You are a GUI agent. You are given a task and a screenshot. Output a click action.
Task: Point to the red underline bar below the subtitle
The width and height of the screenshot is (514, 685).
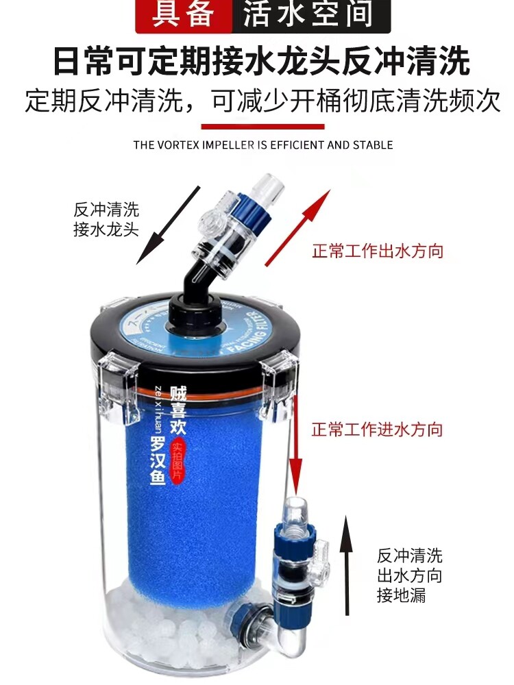click(x=262, y=126)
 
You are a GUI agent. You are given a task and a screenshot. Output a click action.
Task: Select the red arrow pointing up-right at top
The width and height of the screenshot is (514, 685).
click(x=292, y=230)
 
